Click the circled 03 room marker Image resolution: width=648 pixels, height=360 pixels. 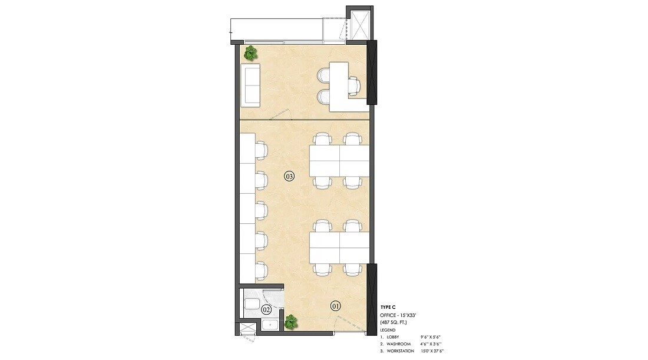click(289, 176)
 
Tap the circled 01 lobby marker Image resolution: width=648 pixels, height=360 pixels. click(336, 306)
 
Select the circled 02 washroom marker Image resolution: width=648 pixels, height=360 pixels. click(266, 309)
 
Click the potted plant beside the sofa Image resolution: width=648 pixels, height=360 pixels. click(251, 53)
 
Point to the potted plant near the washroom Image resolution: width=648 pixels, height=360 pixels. click(291, 322)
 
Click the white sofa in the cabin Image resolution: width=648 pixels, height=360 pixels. click(251, 86)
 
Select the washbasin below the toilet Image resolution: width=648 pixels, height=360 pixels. click(270, 325)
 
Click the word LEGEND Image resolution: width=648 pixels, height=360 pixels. click(389, 330)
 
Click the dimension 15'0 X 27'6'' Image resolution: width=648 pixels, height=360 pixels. click(432, 351)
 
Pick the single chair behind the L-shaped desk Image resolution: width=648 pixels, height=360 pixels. click(353, 86)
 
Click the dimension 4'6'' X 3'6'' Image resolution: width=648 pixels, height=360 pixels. click(431, 343)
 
